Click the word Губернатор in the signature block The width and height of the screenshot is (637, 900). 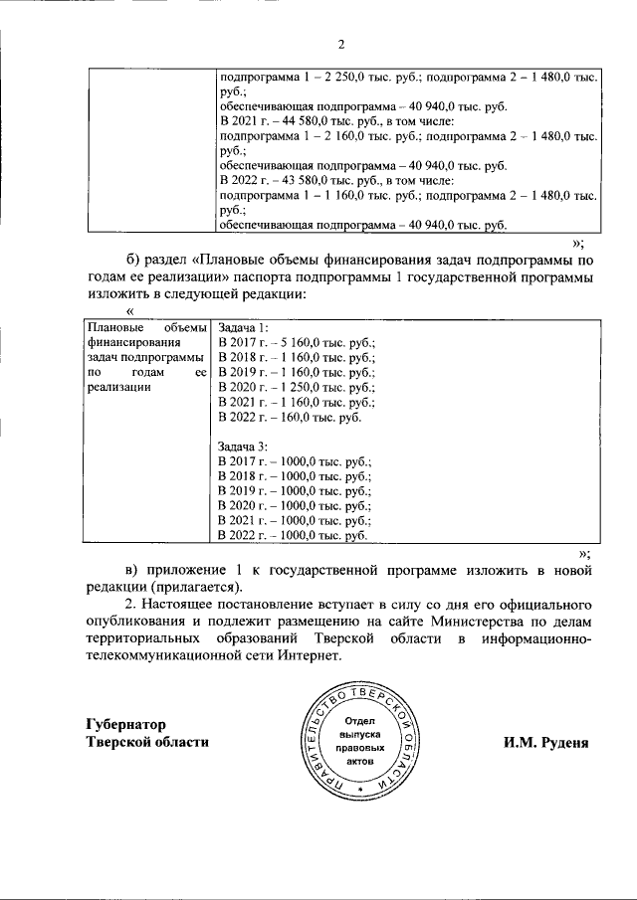tap(125, 723)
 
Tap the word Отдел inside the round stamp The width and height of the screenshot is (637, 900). tap(360, 720)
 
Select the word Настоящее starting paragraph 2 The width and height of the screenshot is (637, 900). tap(188, 602)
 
